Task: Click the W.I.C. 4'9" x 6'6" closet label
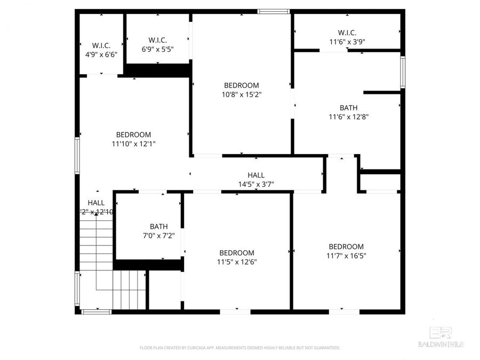(x=101, y=50)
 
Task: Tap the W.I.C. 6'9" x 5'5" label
(x=158, y=44)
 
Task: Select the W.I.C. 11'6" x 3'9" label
(x=347, y=37)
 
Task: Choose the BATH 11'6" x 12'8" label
(x=348, y=112)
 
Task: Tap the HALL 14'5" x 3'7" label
(x=256, y=180)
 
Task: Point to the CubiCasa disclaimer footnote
(x=239, y=348)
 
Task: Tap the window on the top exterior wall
(x=274, y=11)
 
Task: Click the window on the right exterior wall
(x=403, y=72)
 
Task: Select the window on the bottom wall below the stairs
(x=96, y=311)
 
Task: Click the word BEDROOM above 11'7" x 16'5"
(x=346, y=246)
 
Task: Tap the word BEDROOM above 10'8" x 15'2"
(x=242, y=85)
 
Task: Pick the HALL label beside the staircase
(x=96, y=203)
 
